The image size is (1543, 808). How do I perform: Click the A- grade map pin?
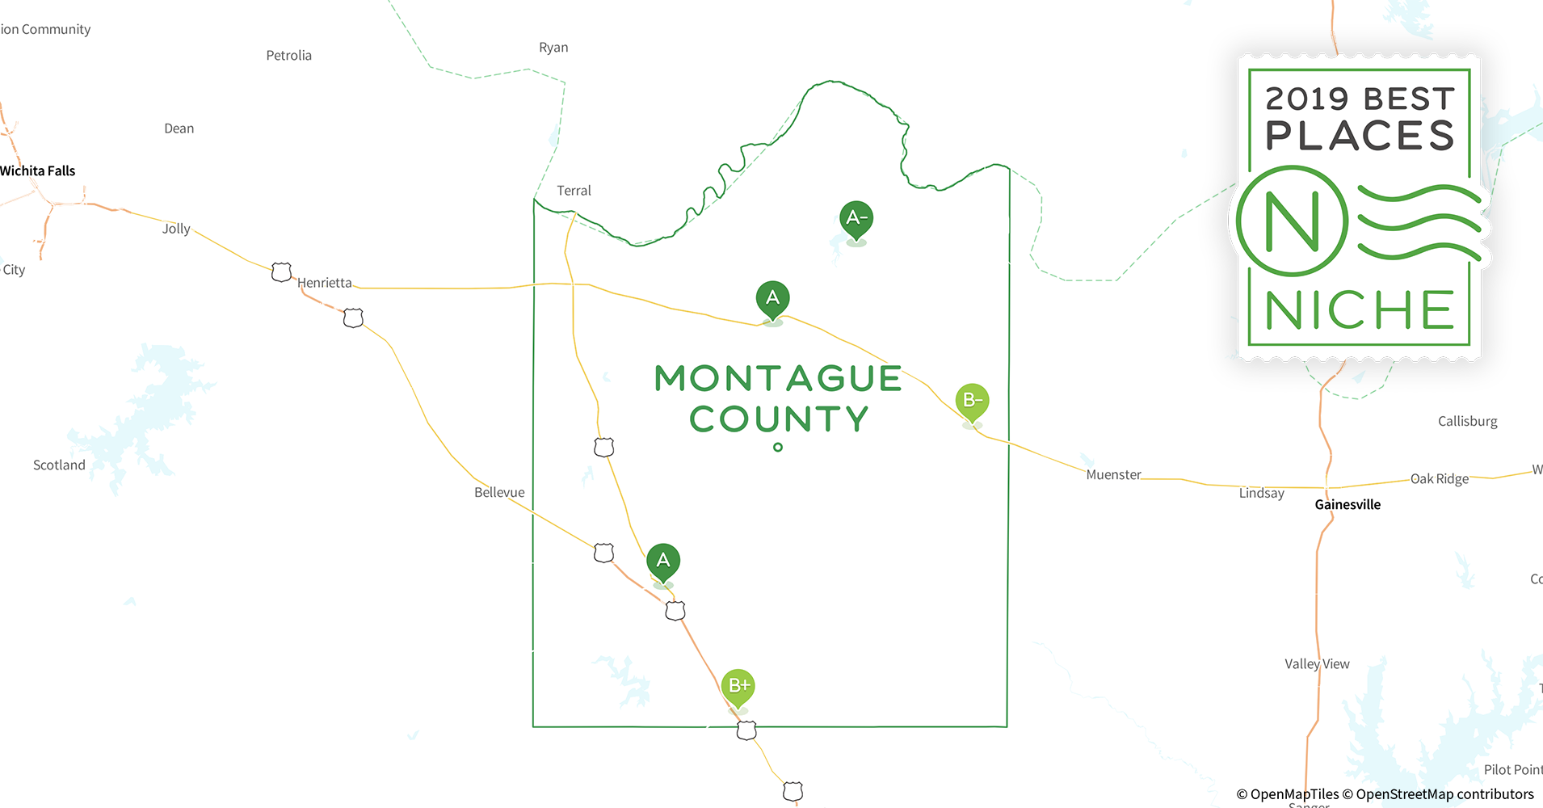856,219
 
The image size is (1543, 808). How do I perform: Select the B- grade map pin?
972,401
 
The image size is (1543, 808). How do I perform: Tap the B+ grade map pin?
738,687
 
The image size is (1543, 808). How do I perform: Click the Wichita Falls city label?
38,170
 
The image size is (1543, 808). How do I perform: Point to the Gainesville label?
1347,504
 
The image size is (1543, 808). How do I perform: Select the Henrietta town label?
325,283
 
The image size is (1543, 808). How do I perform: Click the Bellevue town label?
499,492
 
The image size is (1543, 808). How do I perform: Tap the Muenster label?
1113,474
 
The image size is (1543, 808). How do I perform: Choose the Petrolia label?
289,55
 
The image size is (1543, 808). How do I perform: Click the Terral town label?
574,191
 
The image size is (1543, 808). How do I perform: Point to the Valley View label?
1317,663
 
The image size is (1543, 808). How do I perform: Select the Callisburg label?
1467,421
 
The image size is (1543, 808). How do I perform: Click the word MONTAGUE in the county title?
778,378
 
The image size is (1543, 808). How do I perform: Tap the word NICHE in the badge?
1360,310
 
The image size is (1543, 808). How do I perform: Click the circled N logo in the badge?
1293,221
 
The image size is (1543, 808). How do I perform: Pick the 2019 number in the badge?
1307,99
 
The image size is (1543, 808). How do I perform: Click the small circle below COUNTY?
778,447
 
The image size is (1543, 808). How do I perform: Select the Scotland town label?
59,465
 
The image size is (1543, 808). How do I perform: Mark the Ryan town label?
553,47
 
